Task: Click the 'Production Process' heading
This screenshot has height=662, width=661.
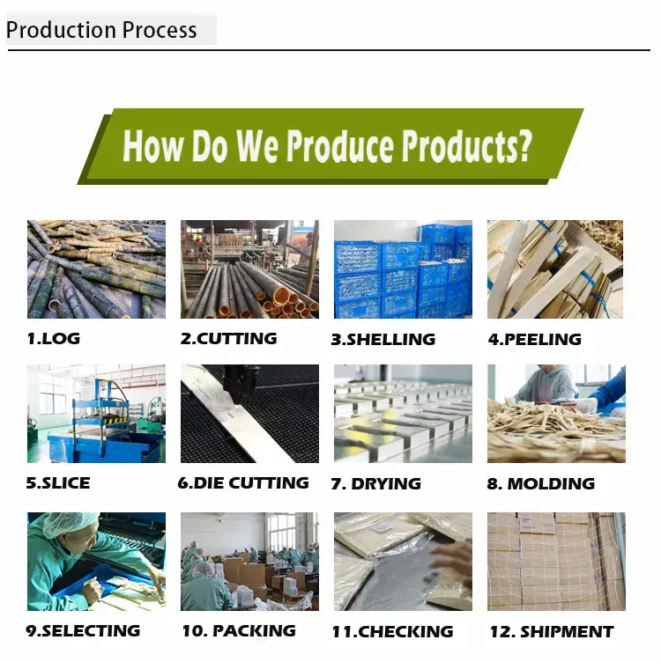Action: [x=101, y=30]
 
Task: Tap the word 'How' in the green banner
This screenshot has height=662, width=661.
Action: [x=153, y=145]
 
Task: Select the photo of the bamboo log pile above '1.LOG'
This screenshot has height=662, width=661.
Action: [x=96, y=269]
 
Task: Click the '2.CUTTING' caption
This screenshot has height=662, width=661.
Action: [x=228, y=339]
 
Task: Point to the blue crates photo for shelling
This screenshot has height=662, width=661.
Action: [x=403, y=269]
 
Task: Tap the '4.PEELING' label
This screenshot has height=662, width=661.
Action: [x=535, y=340]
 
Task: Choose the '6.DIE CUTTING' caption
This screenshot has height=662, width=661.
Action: [x=243, y=483]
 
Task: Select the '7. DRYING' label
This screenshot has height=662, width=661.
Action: [x=375, y=484]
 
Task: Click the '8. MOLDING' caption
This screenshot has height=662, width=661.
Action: [x=541, y=484]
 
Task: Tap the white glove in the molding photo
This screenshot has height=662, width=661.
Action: [x=586, y=405]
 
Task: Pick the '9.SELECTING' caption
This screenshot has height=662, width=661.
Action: [x=83, y=631]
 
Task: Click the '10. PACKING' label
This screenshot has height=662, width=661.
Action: [x=239, y=631]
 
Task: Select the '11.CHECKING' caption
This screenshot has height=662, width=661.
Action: [x=392, y=631]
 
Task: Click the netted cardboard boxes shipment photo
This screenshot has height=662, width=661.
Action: [x=557, y=562]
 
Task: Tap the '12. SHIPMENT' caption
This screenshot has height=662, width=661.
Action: [x=552, y=631]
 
